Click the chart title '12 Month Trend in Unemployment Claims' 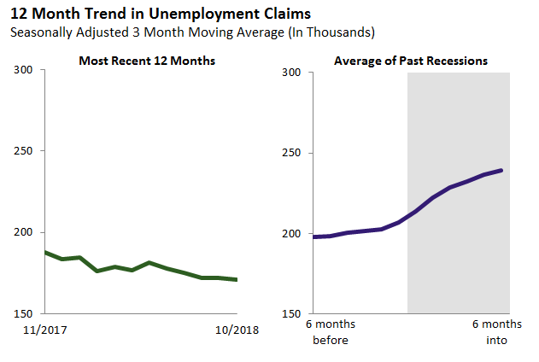tap(160, 15)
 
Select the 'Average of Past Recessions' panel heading tap(411, 61)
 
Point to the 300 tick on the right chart tap(292, 73)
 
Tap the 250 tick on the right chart tap(292, 154)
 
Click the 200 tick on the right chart tap(292, 234)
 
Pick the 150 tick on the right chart tap(292, 314)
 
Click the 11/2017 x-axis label tap(45, 330)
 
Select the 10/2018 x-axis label tap(236, 330)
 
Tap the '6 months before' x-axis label tap(331, 332)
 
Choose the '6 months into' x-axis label tap(496, 332)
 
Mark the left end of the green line tap(45, 253)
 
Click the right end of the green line tap(237, 279)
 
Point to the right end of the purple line tap(501, 170)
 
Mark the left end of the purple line tap(314, 236)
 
